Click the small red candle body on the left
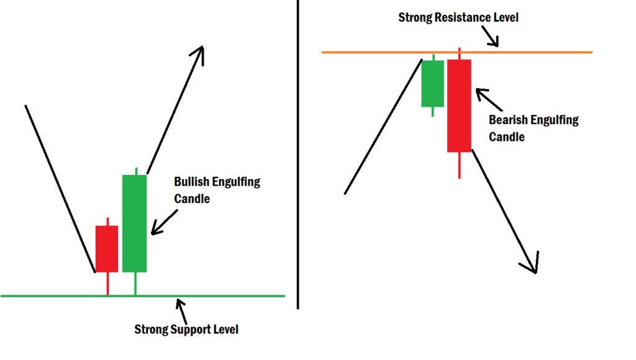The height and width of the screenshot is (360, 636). click(x=106, y=248)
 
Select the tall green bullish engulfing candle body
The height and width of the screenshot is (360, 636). click(x=134, y=223)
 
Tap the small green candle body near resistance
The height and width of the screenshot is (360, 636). click(x=433, y=83)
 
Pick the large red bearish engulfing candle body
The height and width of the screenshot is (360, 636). click(x=459, y=106)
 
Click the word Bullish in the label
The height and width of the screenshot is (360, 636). click(x=192, y=182)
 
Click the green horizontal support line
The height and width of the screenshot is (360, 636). click(x=62, y=296)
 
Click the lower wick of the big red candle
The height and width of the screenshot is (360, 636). click(x=460, y=165)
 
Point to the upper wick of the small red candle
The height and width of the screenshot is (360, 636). click(x=107, y=222)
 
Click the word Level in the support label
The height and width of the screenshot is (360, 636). click(x=224, y=330)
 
